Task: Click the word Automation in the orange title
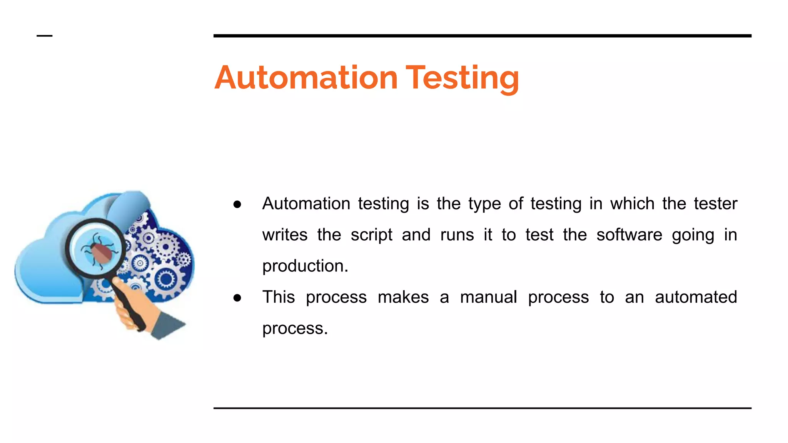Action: [306, 78]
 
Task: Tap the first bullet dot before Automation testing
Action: [237, 204]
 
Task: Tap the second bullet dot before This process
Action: [237, 298]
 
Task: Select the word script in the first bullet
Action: [371, 235]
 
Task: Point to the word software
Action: [629, 235]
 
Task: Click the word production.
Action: [305, 266]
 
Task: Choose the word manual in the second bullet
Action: [488, 297]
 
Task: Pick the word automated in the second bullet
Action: [696, 297]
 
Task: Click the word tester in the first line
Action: [715, 204]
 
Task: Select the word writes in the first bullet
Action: [285, 235]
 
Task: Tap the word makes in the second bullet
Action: [403, 297]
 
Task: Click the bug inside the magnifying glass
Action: [101, 249]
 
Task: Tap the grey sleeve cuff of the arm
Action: [167, 325]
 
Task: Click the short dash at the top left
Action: [44, 36]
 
